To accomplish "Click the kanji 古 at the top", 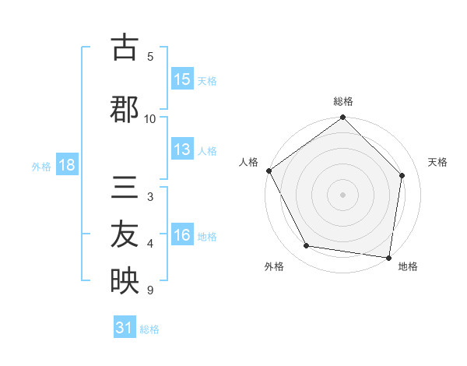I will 124,48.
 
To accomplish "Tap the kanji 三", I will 124,189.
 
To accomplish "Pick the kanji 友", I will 124,236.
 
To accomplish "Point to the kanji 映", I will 124,282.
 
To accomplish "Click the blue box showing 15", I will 182,79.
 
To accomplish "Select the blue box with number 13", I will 182,150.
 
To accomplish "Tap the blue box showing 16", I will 182,236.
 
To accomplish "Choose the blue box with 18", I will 65,166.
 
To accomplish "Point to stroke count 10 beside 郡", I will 150,118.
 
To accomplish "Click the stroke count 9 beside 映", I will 149,290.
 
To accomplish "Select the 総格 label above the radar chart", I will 343,101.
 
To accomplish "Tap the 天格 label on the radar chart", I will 438,162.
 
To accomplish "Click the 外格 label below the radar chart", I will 274,266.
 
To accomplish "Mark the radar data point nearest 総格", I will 343,118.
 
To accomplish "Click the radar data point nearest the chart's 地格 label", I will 389,257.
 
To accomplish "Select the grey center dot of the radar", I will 343,194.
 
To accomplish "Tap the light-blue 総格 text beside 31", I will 149,329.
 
